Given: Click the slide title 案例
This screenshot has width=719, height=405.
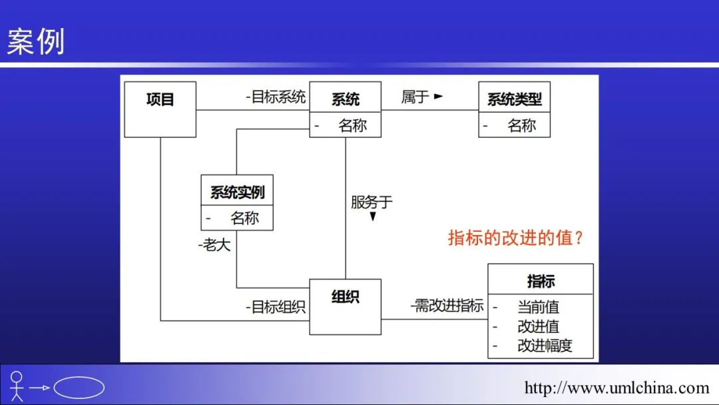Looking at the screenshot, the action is pos(36,42).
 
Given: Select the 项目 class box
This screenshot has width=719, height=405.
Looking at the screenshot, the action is pos(160,109).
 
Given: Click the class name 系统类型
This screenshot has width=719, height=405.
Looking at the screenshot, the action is pos(514,99).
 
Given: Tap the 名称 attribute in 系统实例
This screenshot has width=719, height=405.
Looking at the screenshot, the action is pos(244,218).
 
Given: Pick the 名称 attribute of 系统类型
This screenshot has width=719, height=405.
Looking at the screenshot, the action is pos(521,125).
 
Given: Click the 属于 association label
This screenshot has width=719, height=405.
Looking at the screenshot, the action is pos(415,97).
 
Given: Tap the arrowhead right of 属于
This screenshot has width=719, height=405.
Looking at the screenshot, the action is pos(438,97).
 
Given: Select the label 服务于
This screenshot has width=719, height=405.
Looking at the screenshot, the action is pos(371,202).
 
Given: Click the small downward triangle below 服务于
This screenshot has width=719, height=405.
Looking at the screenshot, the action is pos(373,216).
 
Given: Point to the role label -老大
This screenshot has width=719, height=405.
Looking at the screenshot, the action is pos(214,245).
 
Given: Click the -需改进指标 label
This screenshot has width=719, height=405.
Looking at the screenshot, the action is pos(447,306).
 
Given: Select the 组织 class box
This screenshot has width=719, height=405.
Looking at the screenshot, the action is pos(345,306).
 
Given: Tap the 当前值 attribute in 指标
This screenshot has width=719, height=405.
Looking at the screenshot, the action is pos(538,307).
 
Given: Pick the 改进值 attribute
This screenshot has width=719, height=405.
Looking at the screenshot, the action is pos(538,326).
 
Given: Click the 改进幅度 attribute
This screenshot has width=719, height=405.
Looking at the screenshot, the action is pos(545,346).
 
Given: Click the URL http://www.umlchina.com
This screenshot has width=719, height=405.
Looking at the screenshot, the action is pos(616,388).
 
